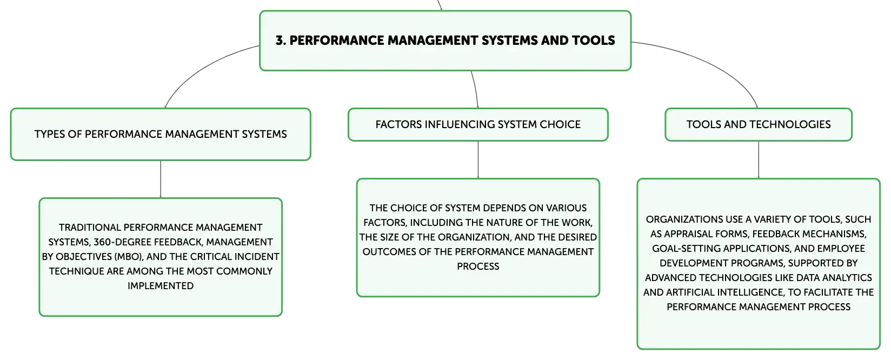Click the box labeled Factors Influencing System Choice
(478, 124)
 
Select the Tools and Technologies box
(759, 124)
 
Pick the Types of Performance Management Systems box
(161, 134)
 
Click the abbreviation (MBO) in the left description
(129, 257)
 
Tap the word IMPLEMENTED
(161, 286)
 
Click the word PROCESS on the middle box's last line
(478, 266)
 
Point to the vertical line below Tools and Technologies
(759, 159)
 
